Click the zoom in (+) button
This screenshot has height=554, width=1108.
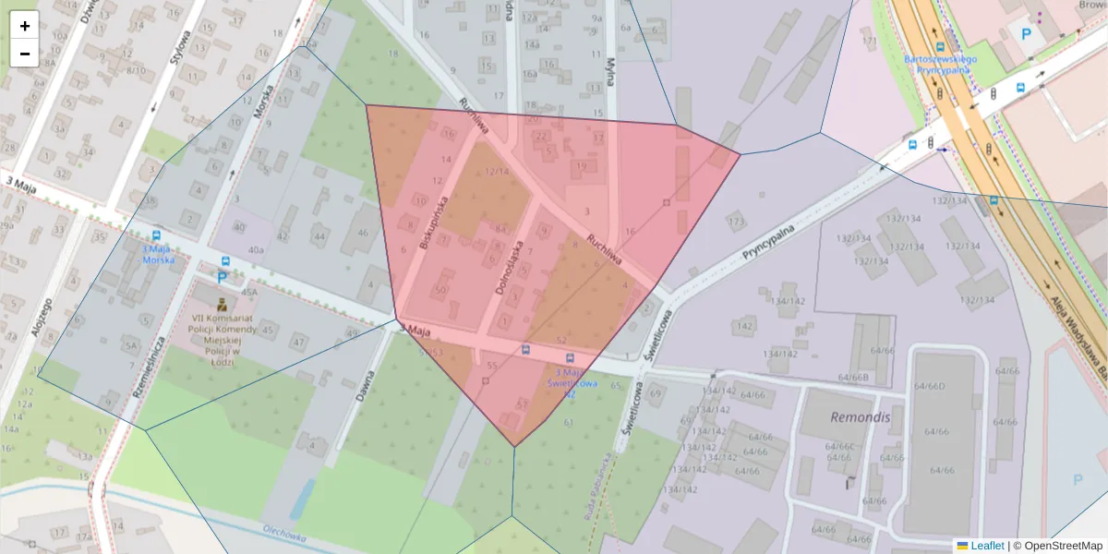tap(25, 26)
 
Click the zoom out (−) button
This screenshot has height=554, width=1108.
tap(25, 54)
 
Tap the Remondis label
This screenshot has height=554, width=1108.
tap(859, 416)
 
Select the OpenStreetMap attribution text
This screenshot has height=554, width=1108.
tap(1057, 546)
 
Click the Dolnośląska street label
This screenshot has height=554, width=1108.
tap(510, 267)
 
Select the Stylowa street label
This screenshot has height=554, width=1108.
tap(179, 53)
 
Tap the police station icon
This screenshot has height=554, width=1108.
tap(222, 304)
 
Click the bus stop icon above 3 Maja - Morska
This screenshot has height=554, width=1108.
tap(156, 236)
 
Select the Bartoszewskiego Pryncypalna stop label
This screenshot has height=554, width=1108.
tap(937, 63)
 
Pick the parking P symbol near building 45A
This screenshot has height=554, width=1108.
tap(222, 276)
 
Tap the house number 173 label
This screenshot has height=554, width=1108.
tap(736, 223)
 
